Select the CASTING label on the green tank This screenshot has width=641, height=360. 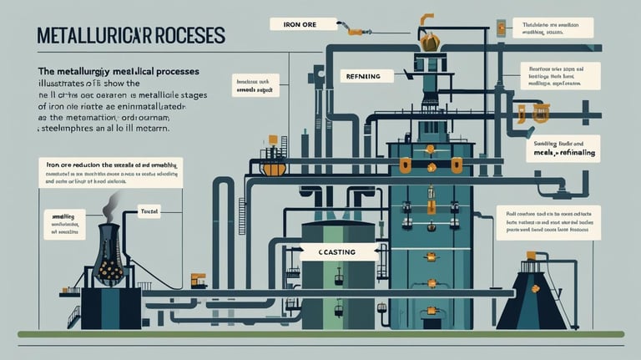338,251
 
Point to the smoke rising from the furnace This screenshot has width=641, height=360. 112,205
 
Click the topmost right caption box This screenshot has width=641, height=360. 552,28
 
